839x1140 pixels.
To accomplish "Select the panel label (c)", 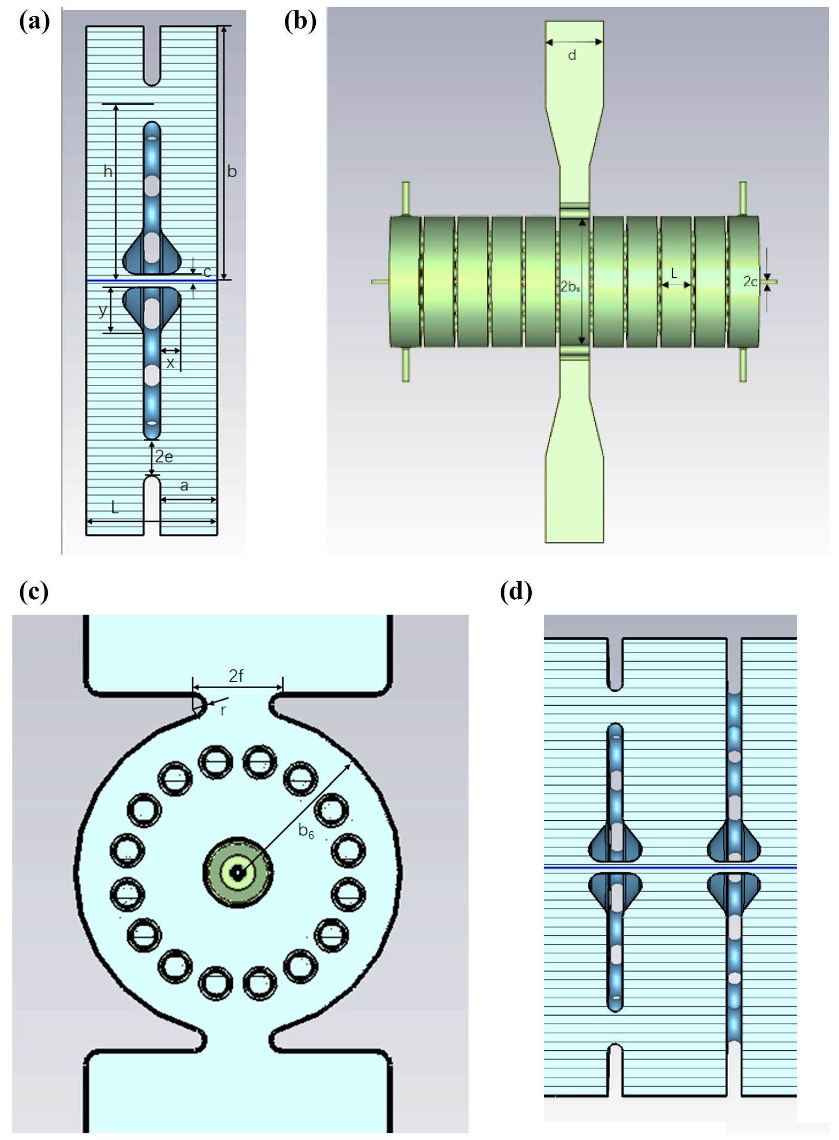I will (34, 591).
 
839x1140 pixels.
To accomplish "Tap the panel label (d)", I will (515, 591).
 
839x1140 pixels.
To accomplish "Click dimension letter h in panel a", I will (108, 172).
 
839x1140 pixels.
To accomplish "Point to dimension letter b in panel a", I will (232, 172).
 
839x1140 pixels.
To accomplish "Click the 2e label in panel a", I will (164, 457).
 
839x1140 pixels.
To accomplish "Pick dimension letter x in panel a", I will (170, 363).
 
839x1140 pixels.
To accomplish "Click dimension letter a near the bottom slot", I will (184, 485).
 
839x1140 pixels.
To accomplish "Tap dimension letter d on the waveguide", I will (572, 55).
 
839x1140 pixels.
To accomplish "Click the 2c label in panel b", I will (750, 282).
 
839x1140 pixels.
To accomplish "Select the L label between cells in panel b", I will (674, 274).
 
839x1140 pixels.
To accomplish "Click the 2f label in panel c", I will (236, 676).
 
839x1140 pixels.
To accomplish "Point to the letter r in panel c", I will (223, 710).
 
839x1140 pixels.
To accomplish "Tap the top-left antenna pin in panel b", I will (406, 198).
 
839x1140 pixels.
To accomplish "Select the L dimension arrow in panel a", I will (152, 522).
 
